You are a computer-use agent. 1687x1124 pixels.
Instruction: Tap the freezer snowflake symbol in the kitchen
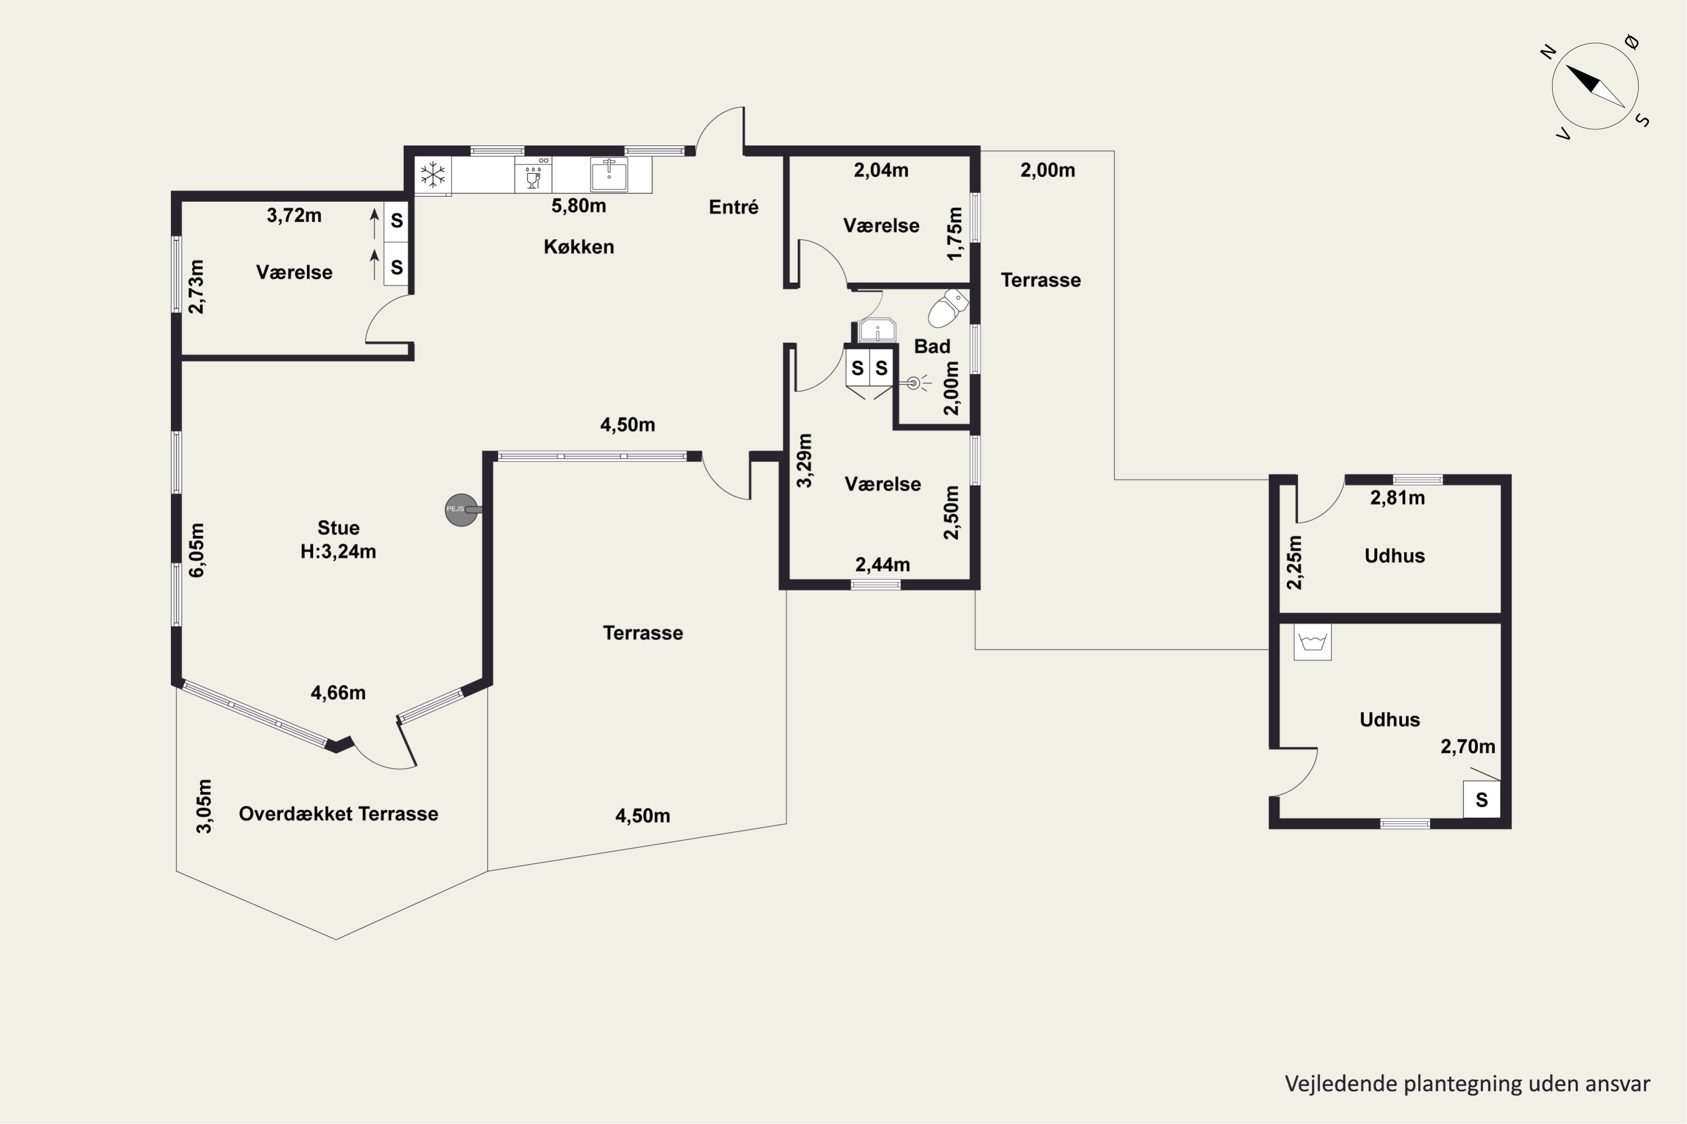pos(432,175)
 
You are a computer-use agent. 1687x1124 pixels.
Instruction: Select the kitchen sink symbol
pos(609,174)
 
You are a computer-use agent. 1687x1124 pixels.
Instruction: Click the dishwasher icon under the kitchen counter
pos(533,175)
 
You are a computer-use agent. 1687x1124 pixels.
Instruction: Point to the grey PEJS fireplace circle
pos(461,510)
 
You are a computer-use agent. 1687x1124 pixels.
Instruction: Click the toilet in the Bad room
pos(948,308)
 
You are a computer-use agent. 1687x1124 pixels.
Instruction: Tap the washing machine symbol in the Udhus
pos(1312,642)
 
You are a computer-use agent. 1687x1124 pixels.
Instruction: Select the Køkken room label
pos(579,247)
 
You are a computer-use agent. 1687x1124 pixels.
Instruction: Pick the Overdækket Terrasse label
pos(339,814)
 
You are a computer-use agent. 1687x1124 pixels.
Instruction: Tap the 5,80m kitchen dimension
pos(578,206)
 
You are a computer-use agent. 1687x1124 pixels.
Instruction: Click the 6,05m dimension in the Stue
pos(196,550)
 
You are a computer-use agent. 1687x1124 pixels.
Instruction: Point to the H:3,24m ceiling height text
pos(338,551)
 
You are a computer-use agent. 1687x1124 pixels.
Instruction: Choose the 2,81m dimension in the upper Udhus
pos(1397,497)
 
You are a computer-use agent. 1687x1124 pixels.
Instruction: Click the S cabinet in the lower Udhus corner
pos(1482,799)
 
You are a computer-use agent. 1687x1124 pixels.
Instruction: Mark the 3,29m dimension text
pos(805,460)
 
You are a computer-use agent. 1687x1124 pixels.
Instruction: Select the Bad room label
pos(932,346)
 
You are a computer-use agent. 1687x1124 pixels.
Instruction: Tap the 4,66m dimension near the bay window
pos(338,692)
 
